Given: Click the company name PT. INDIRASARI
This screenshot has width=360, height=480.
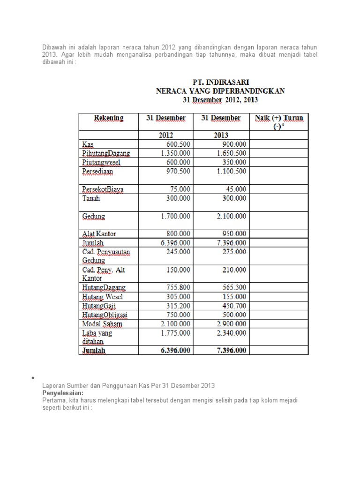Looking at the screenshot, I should pyautogui.click(x=220, y=82).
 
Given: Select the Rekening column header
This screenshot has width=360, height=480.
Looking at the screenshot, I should pyautogui.click(x=109, y=118).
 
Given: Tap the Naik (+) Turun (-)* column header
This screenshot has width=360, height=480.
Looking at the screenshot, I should pyautogui.click(x=279, y=122).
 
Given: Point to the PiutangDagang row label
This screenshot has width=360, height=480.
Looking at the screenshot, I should pyautogui.click(x=106, y=153).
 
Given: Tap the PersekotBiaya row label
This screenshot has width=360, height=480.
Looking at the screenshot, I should pyautogui.click(x=104, y=189).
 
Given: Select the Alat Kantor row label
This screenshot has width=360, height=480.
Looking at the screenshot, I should pyautogui.click(x=99, y=233).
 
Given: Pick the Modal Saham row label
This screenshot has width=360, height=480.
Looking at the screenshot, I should pyautogui.click(x=102, y=324).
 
